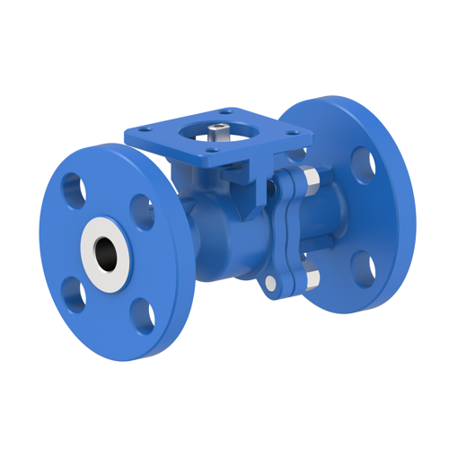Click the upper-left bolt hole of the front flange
tap(71, 189)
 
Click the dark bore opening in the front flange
tap(107, 251)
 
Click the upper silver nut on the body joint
tap(307, 180)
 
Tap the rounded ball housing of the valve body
tap(216, 238)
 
